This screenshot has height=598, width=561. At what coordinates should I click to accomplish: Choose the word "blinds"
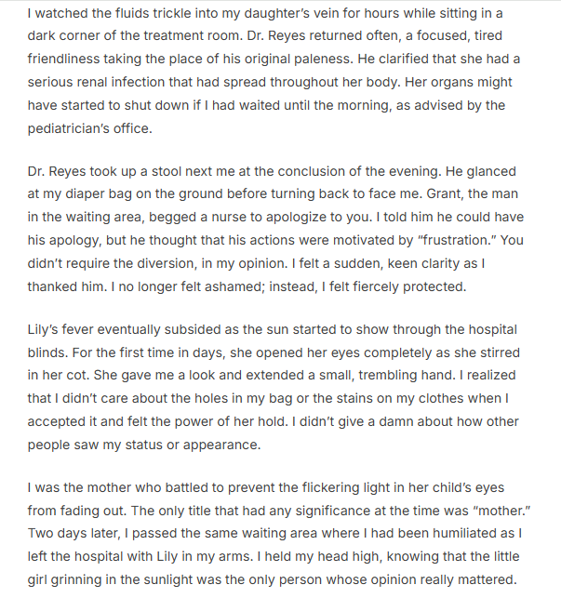point(47,352)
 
